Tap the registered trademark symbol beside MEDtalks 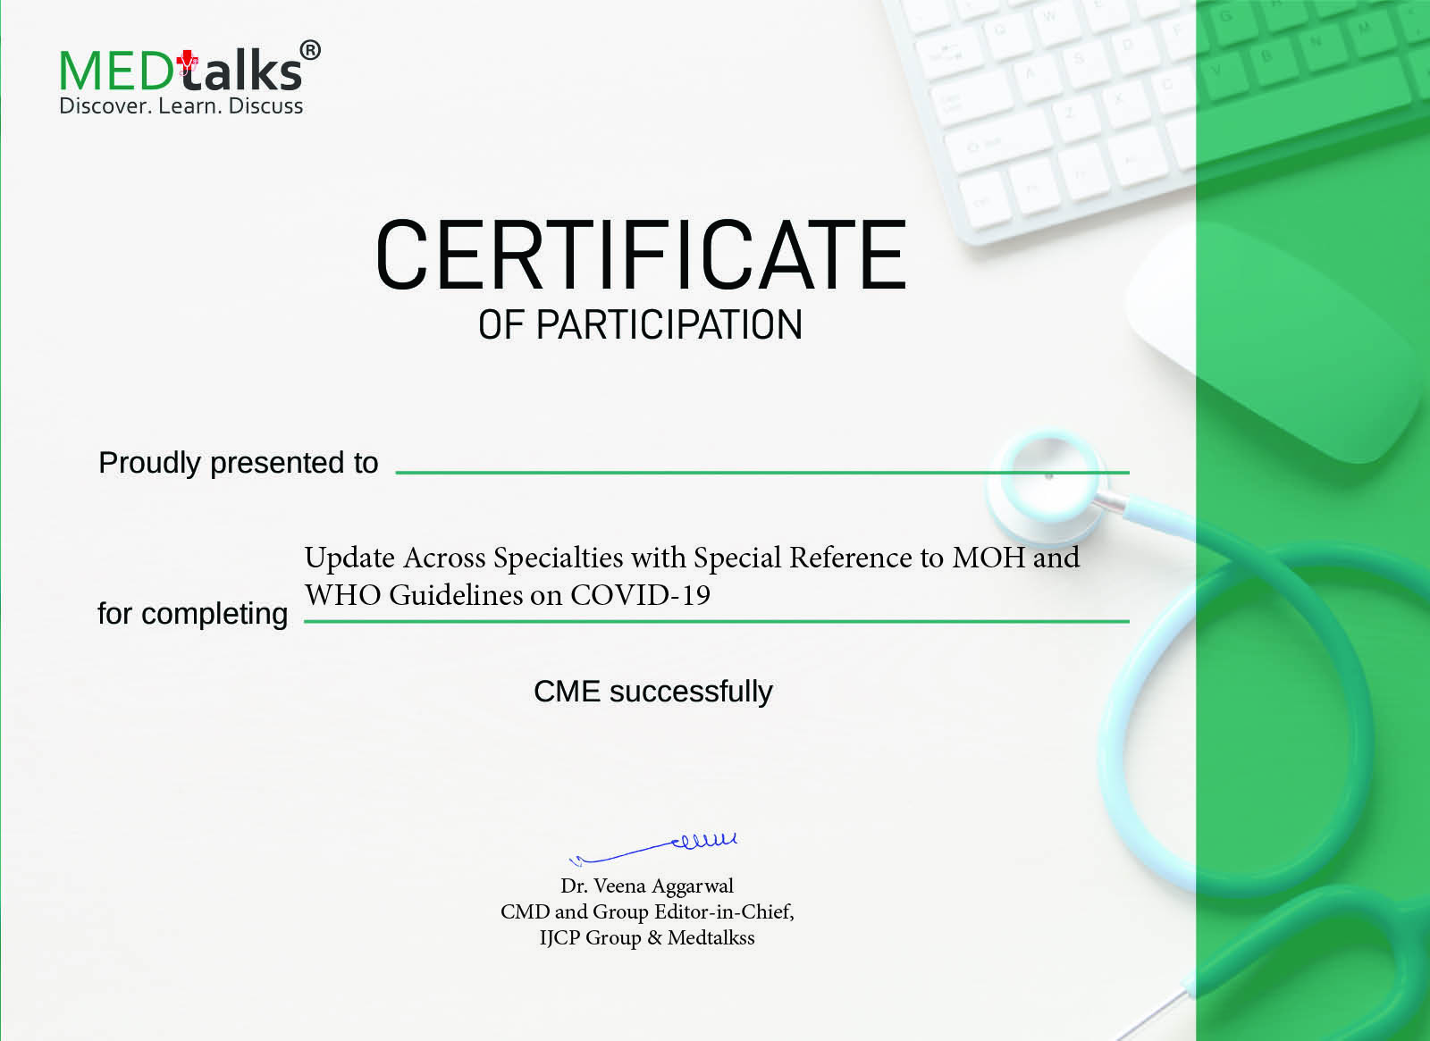(x=310, y=50)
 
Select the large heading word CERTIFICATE (x=640, y=255)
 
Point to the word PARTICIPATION (x=669, y=324)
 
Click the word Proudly (x=149, y=464)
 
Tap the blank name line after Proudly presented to (x=762, y=473)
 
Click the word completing (x=214, y=615)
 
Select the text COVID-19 (x=640, y=595)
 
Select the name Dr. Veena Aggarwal (x=647, y=886)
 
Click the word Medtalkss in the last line (x=711, y=937)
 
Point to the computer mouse (x=1270, y=345)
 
